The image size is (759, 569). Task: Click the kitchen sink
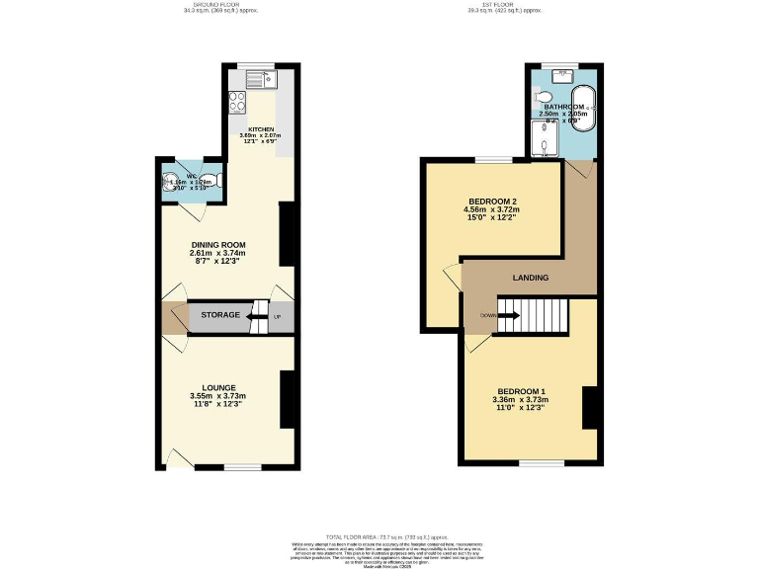point(264,76)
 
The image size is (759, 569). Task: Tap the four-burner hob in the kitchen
point(237,100)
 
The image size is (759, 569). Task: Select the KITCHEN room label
point(261,129)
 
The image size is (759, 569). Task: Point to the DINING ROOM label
point(217,245)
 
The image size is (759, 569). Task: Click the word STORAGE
point(219,315)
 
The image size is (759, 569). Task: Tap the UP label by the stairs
point(277,316)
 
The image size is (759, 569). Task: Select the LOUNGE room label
point(217,387)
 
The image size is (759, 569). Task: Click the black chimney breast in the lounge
point(288,399)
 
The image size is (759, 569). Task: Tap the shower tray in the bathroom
point(545,145)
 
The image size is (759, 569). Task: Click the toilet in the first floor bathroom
point(539,98)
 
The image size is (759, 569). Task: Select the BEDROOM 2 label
point(491,202)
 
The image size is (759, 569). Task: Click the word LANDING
point(530,279)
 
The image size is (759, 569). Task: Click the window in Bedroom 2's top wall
point(493,159)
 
